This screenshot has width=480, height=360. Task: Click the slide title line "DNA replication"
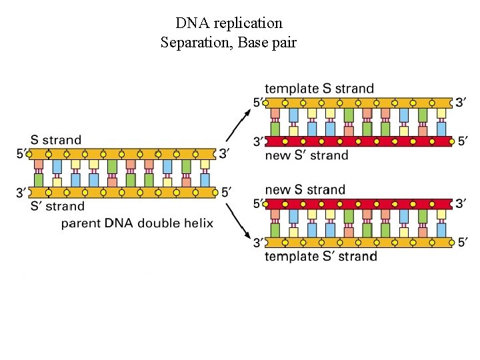[x=229, y=23]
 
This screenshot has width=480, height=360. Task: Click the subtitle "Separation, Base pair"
[x=229, y=43]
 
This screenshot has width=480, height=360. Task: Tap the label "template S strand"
[x=319, y=89]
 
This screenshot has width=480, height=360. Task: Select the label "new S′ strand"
[x=307, y=155]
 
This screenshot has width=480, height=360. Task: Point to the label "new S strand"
[x=305, y=190]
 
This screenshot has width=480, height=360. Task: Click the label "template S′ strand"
[x=321, y=257]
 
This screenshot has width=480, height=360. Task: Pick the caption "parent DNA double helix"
[x=137, y=223]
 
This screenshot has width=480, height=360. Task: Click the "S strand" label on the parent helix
[x=56, y=140]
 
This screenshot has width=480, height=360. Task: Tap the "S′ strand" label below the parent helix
[x=57, y=206]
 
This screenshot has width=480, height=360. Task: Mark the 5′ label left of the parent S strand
[x=22, y=154]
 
